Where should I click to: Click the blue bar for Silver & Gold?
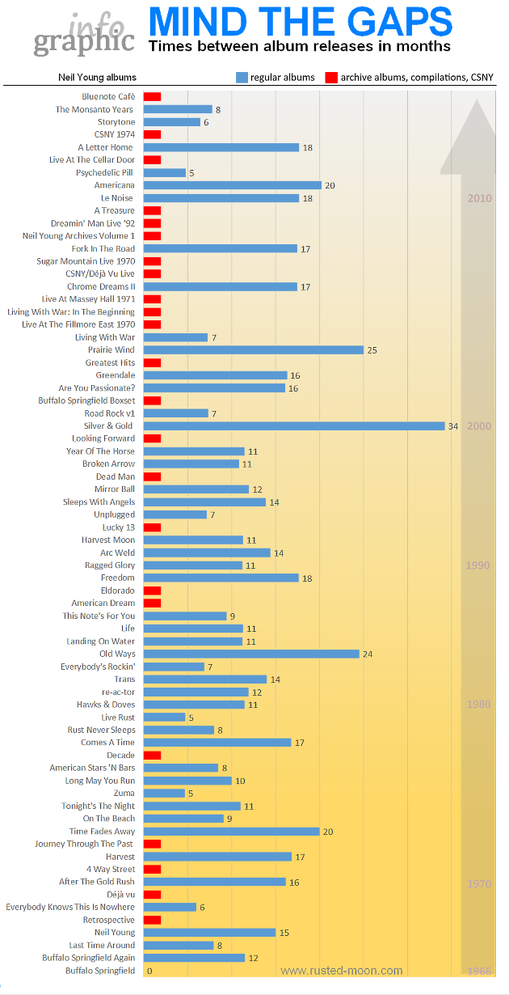[x=294, y=426]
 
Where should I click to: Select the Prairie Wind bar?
[x=254, y=350]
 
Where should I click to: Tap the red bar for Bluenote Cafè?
[x=152, y=97]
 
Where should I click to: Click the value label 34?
[x=453, y=426]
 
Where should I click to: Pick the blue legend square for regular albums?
[x=241, y=78]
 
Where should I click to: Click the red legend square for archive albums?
[x=330, y=78]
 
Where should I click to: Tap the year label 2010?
[x=479, y=198]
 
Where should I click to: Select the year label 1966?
[x=479, y=971]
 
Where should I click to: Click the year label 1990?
[x=478, y=565]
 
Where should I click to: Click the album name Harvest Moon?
[x=108, y=540]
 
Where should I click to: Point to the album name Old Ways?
[x=117, y=654]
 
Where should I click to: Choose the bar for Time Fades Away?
[x=232, y=832]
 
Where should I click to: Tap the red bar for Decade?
[x=152, y=756]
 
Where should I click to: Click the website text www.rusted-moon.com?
[x=341, y=971]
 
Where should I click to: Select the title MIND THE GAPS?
[x=301, y=21]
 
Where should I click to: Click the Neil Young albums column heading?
[x=97, y=78]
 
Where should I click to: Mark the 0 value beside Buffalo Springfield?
[x=149, y=971]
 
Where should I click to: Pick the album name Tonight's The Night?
[x=98, y=807]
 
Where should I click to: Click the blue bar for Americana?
[x=233, y=185]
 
